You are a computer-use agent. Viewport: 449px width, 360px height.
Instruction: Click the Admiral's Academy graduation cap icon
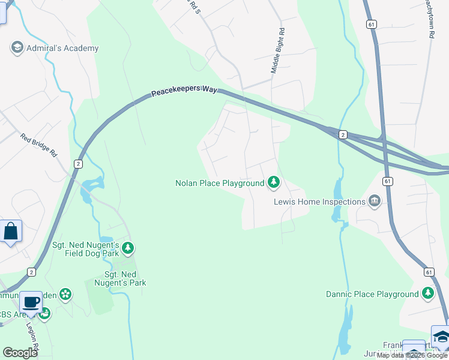point(17,47)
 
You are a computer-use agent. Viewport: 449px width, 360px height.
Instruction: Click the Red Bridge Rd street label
point(38,146)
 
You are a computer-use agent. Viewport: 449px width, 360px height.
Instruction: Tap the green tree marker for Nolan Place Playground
point(274,181)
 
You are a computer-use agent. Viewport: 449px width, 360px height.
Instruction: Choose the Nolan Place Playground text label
point(219,183)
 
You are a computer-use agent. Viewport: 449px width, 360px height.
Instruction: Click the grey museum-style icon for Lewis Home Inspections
point(375,200)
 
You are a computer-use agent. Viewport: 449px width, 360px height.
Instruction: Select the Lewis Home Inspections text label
point(319,202)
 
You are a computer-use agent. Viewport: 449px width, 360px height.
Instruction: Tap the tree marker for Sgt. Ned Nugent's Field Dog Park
point(127,247)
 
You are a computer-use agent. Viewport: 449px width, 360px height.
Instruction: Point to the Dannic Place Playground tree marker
point(427,293)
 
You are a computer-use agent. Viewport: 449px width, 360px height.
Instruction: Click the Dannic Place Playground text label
point(372,295)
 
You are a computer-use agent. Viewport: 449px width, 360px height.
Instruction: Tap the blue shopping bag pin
point(11,231)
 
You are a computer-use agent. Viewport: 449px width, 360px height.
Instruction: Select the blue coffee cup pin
point(31,302)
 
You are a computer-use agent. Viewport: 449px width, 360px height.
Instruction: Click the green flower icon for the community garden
point(65,294)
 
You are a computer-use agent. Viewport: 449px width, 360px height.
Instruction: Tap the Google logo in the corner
point(20,353)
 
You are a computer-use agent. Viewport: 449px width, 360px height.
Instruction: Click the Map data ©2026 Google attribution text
point(412,355)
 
